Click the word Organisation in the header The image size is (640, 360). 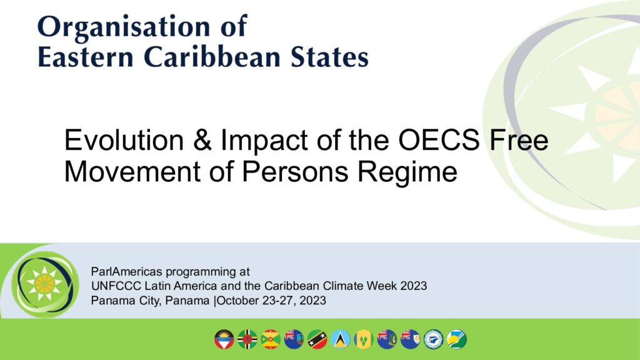[124, 27]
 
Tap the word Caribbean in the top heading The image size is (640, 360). [212, 56]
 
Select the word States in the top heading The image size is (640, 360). [329, 57]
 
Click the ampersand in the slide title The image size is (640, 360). [202, 139]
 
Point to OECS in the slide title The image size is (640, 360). [439, 139]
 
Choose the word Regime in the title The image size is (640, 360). [407, 171]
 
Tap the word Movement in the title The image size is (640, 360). [132, 171]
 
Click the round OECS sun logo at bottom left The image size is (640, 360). [45, 284]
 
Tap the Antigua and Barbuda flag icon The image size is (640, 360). [224, 339]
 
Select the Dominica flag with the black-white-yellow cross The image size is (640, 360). [247, 339]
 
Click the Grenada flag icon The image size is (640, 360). [271, 339]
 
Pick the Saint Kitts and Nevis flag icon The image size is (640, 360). [317, 339]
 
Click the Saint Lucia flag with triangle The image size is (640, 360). [341, 339]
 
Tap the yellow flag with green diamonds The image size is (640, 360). [364, 339]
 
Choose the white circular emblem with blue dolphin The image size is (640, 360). [434, 339]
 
